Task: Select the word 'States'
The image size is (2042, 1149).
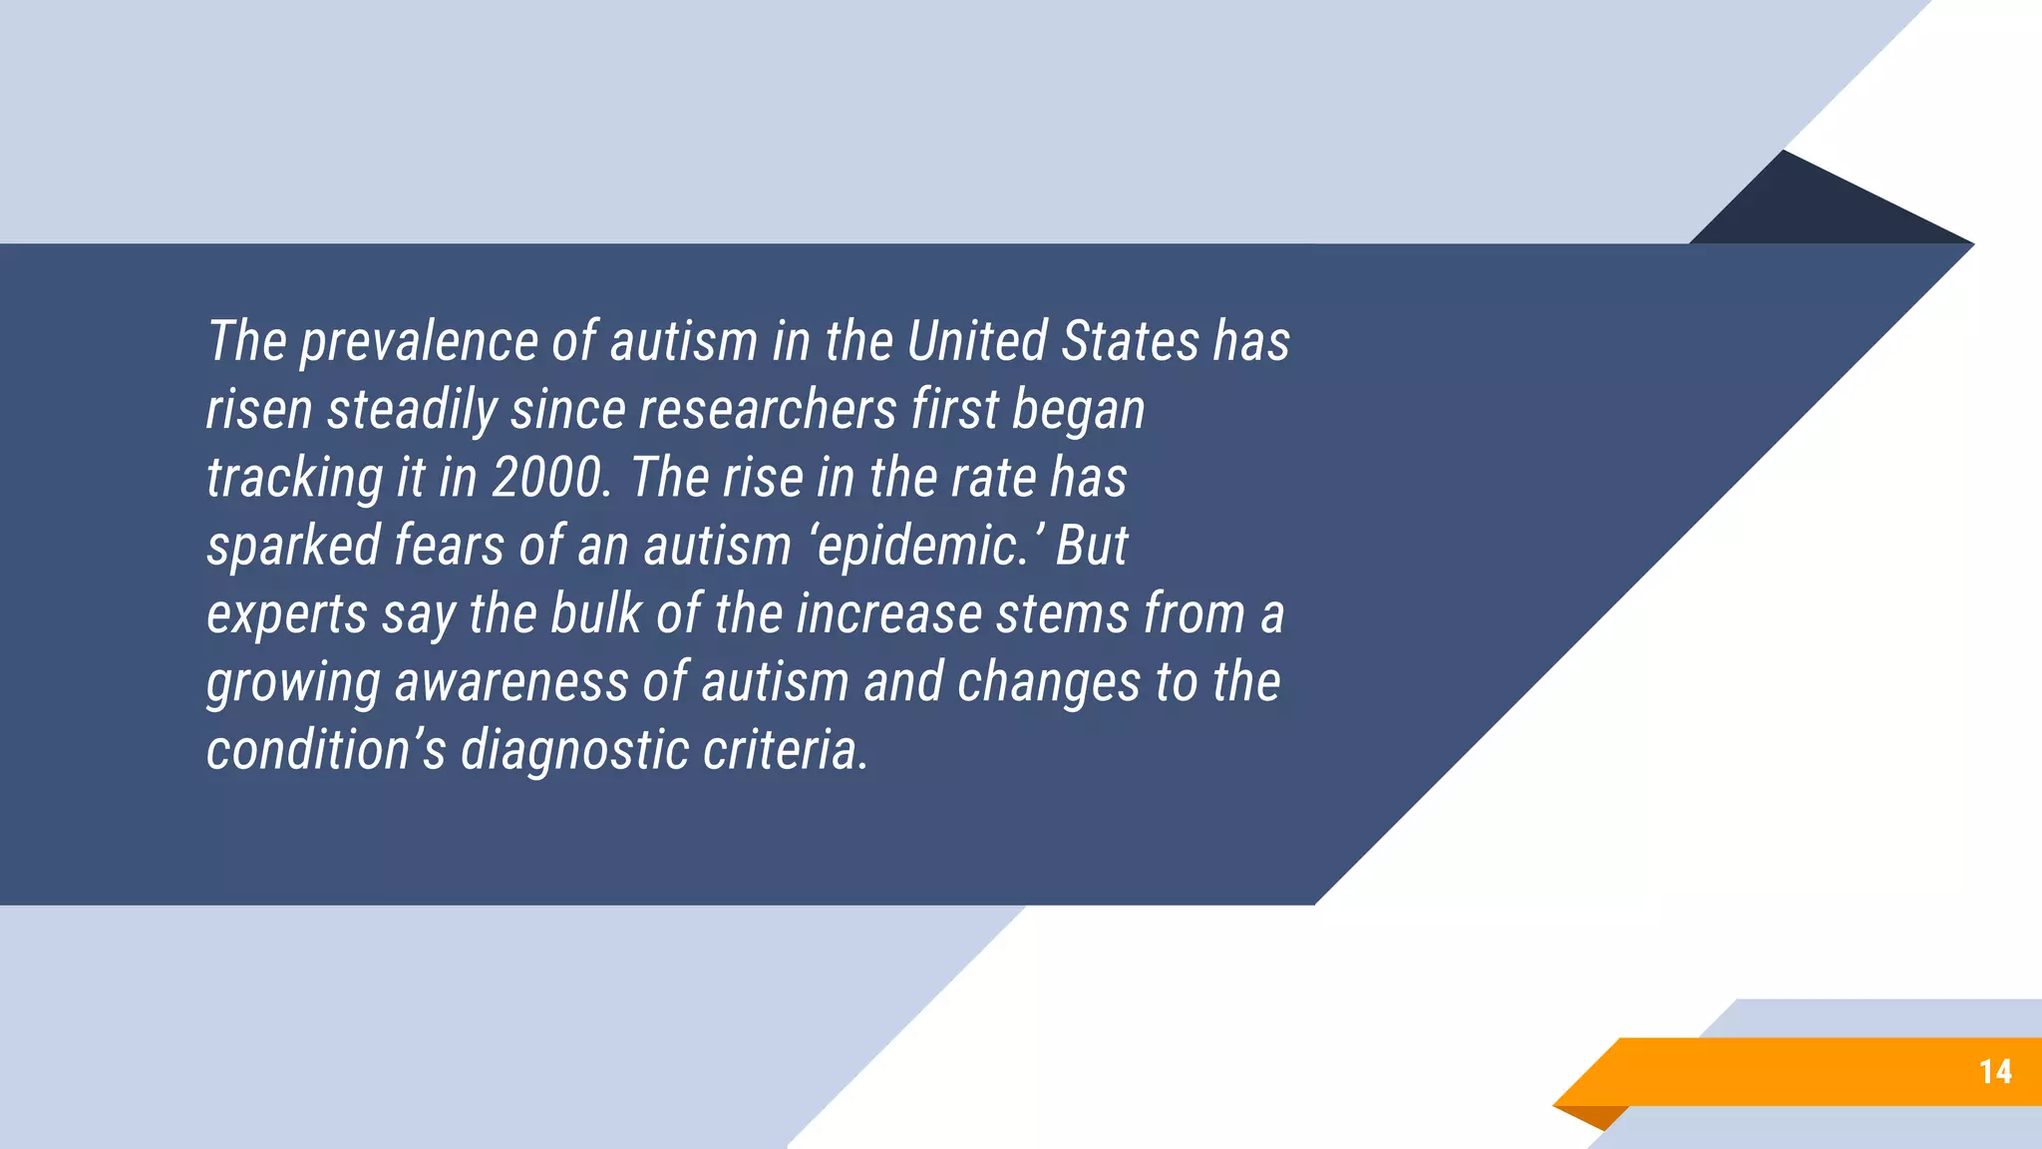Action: (x=1130, y=342)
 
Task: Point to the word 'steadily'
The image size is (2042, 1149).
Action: (x=413, y=411)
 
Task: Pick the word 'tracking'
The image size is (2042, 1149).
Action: (x=294, y=479)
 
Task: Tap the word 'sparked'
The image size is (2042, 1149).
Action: (x=294, y=547)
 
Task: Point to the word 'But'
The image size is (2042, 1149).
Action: (x=1092, y=547)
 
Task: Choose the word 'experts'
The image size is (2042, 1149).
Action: (x=287, y=614)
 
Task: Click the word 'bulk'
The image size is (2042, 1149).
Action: (x=595, y=614)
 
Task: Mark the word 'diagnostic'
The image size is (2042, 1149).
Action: (x=573, y=751)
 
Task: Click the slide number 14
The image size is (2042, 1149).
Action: (x=1995, y=1072)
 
